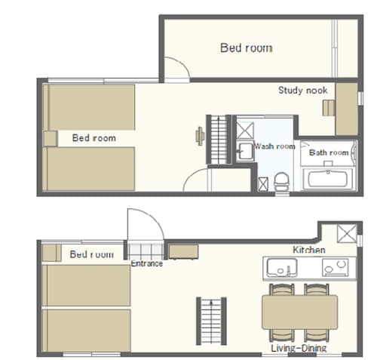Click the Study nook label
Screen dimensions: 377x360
[303, 91]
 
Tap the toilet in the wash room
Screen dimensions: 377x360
[281, 181]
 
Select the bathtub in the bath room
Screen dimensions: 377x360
[328, 179]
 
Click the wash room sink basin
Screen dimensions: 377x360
[245, 151]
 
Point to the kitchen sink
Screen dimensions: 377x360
[282, 268]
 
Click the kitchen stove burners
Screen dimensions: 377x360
[336, 267]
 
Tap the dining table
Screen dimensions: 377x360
[299, 312]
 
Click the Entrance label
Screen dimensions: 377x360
[147, 263]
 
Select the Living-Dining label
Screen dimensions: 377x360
[299, 348]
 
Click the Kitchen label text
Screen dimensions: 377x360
[309, 250]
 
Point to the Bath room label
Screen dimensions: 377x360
[329, 152]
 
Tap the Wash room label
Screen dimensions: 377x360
[274, 146]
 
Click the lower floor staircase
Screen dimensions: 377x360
[211, 321]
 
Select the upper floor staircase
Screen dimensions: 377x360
[219, 140]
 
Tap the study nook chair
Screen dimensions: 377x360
[329, 108]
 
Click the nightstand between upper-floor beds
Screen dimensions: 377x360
[50, 138]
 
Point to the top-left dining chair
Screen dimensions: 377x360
[282, 289]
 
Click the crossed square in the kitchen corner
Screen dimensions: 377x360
[347, 233]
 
